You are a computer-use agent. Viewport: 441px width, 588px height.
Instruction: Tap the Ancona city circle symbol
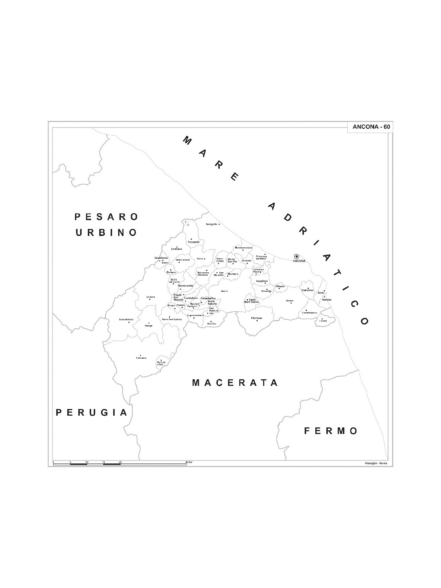pos(297,256)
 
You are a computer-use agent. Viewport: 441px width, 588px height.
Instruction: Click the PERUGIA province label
pos(92,412)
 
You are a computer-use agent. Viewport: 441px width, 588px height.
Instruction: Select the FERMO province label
pos(331,431)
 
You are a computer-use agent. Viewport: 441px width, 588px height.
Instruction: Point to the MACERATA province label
pos(235,383)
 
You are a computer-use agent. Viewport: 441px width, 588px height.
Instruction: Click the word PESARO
pos(107,217)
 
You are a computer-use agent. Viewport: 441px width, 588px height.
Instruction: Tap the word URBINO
pos(107,233)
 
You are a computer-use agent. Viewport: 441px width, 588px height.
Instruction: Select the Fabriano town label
pos(141,358)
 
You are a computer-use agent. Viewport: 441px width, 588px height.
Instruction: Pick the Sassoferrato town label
pos(126,320)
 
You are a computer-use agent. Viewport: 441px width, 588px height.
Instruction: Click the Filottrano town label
pos(257,318)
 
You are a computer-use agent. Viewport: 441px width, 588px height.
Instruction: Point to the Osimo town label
pos(290,301)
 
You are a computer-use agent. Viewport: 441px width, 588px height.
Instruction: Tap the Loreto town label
pos(323,321)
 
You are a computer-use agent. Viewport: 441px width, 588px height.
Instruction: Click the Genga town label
pos(148,326)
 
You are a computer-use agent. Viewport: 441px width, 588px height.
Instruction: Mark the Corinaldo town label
pos(176,249)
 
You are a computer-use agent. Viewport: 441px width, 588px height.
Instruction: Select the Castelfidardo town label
pos(309,313)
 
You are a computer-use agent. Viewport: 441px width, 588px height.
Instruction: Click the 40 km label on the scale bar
pos(189,462)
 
